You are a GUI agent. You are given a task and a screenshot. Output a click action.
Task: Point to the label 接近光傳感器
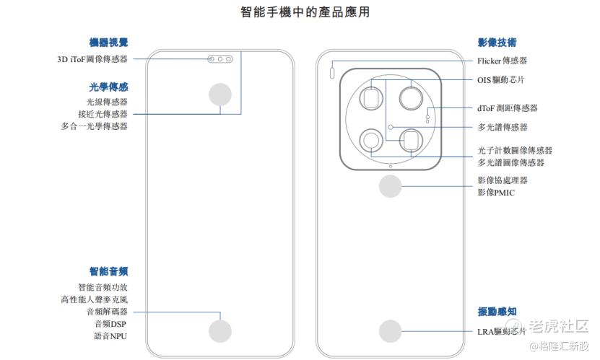coord(103,114)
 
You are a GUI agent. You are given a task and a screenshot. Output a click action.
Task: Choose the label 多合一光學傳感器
coord(95,126)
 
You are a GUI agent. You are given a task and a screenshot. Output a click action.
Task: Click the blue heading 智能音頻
coord(109,271)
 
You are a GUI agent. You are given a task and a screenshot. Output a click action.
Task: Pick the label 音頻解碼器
coord(106,312)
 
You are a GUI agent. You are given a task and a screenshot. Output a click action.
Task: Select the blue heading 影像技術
coord(497,43)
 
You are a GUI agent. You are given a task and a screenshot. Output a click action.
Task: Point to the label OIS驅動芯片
coord(501,80)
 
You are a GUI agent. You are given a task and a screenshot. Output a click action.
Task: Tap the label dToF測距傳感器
coord(507,108)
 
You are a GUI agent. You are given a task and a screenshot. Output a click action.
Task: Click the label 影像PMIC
coord(496,193)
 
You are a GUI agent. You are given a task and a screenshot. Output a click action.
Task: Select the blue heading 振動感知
coord(497,311)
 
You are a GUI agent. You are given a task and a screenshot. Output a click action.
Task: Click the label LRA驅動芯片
coord(501,332)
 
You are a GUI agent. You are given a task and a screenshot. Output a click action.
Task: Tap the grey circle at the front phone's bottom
coord(220,331)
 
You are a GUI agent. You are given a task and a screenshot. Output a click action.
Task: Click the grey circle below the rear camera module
coord(391,188)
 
